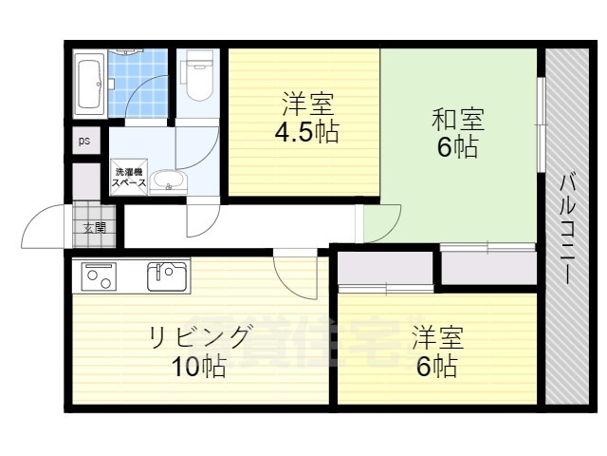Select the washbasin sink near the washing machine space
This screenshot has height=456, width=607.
pos(170,180)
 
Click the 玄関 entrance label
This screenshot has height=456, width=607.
pos(94,228)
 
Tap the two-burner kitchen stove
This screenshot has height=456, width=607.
pos(100,276)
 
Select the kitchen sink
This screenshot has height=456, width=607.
pos(167,276)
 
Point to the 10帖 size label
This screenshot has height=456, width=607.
pos(199,367)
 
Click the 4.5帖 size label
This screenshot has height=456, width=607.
pos(306,131)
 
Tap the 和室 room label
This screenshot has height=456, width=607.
pos(458,120)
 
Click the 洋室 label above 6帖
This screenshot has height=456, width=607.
pos(437,336)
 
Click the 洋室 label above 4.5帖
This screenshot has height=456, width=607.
pos(306,102)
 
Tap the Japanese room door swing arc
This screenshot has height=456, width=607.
pos(380,224)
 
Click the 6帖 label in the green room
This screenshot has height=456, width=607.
pos(458,148)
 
